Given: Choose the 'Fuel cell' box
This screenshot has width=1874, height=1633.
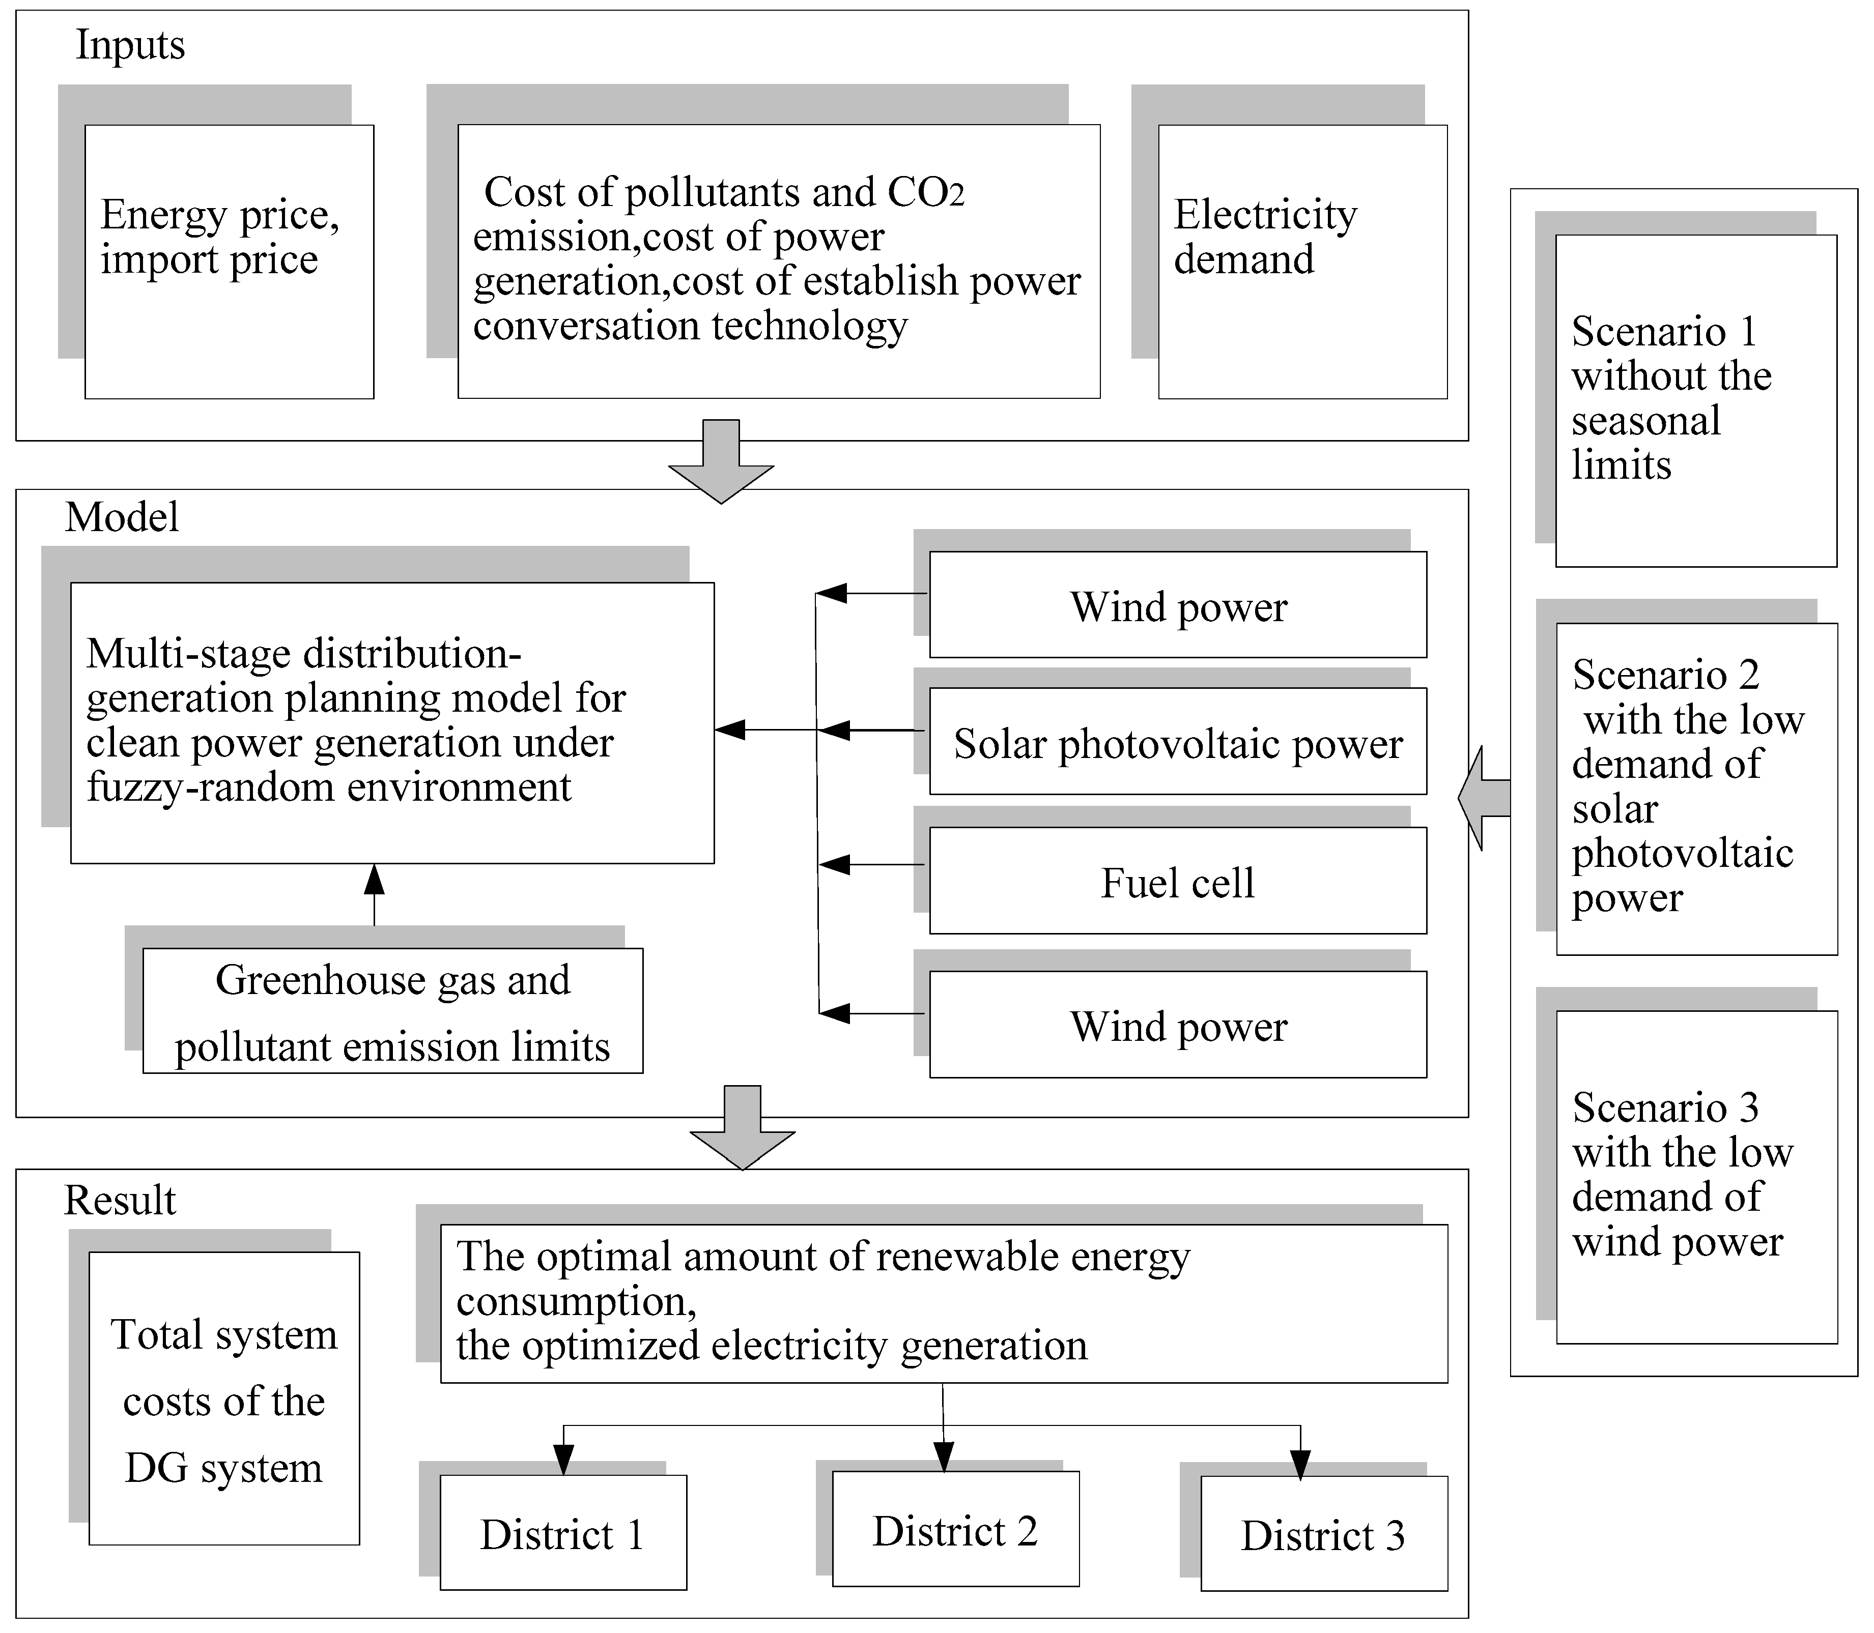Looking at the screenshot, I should (1178, 881).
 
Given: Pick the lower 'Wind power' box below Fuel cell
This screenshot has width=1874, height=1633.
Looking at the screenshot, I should (1178, 1025).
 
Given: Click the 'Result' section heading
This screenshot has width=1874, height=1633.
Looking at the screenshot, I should (120, 1200).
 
